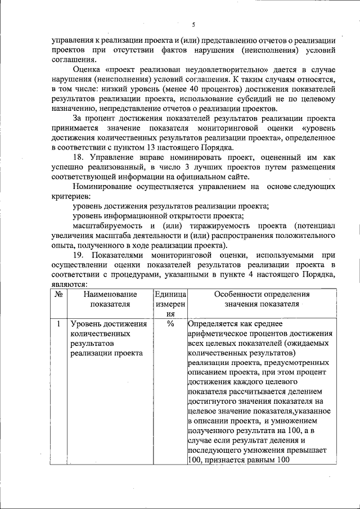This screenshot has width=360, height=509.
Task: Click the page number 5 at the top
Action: pos(193,25)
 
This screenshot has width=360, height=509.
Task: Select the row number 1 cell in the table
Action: pos(58,325)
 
